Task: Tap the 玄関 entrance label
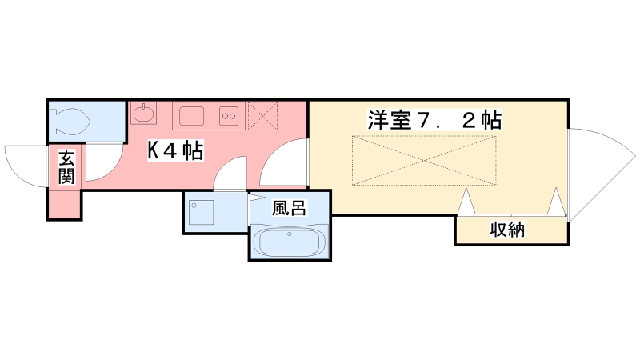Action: coord(65,167)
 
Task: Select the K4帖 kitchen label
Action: coord(174,150)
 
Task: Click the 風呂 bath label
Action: coord(289,209)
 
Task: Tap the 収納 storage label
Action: coord(507,230)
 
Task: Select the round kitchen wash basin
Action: coord(144,114)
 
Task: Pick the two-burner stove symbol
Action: coord(230,116)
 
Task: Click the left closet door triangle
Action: coord(467,202)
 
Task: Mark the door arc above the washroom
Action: coord(233,174)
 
